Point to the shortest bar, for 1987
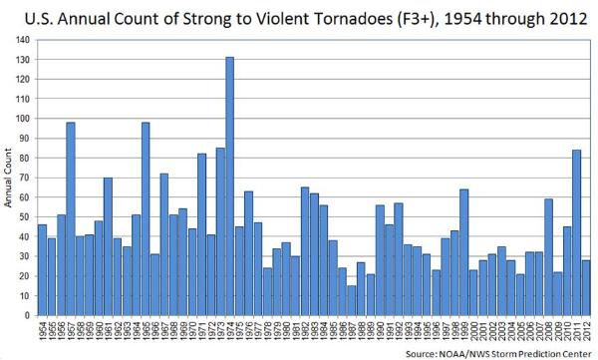[x=351, y=300]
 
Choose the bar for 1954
[x=43, y=270]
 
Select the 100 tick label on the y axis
[x=24, y=119]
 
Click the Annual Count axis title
[x=7, y=179]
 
